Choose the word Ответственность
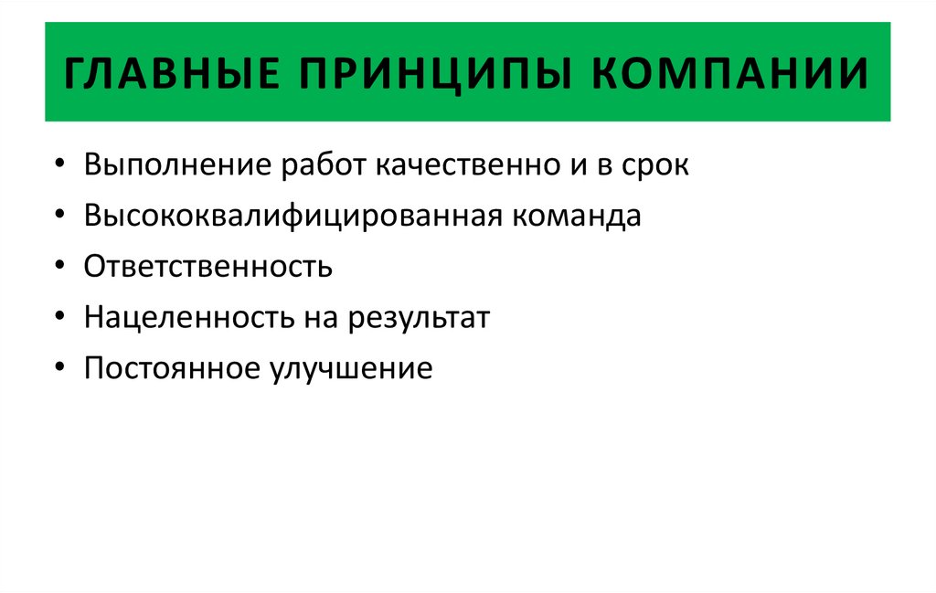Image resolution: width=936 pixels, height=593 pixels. tap(207, 267)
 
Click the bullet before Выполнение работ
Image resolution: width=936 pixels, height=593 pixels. tap(59, 167)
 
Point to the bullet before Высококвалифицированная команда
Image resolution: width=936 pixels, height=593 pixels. tap(59, 218)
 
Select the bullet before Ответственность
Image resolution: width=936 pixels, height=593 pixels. tap(59, 269)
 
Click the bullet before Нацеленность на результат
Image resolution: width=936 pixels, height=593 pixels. tap(59, 320)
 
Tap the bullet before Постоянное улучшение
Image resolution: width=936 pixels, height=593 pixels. tap(59, 370)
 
